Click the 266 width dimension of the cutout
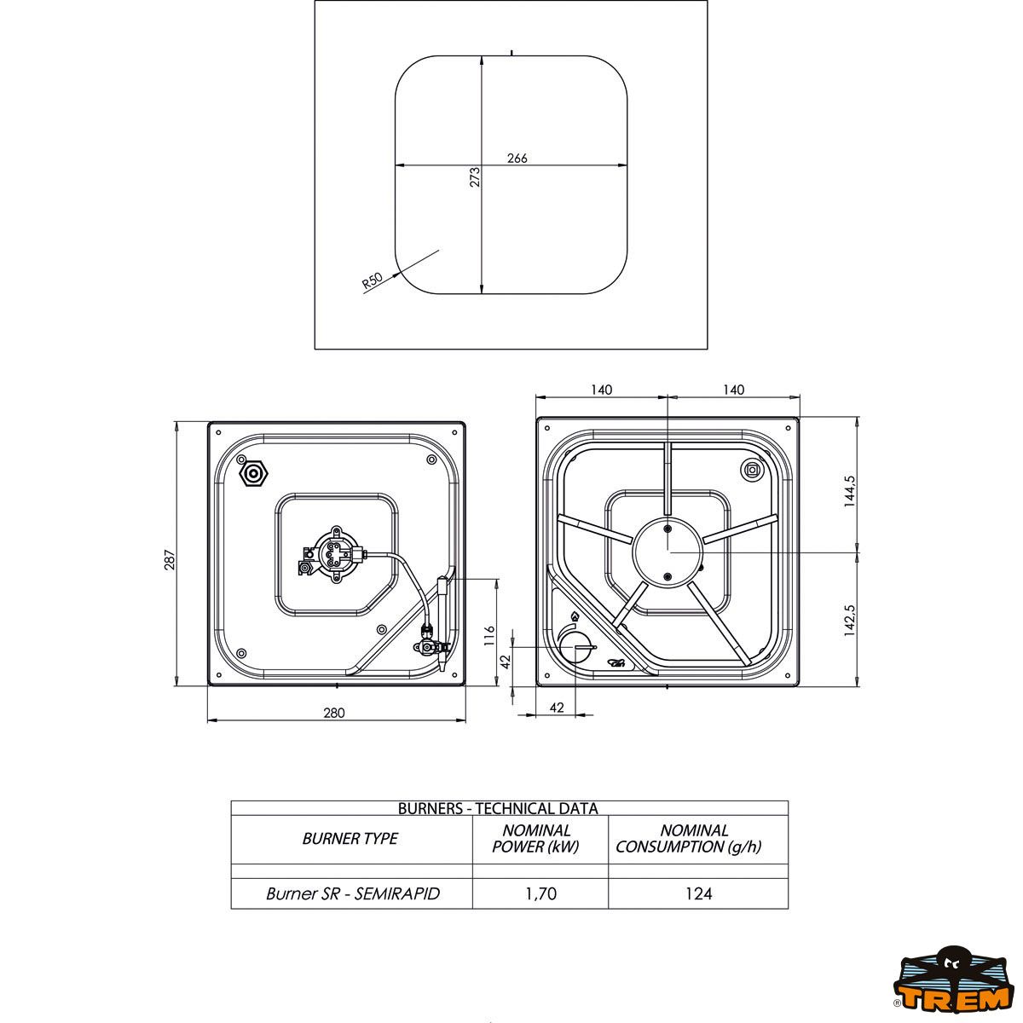(x=517, y=159)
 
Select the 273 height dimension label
(x=475, y=176)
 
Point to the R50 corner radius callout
(x=373, y=280)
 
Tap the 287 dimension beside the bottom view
(x=170, y=559)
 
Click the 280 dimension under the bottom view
(x=334, y=713)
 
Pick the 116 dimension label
(x=489, y=635)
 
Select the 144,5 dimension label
(x=850, y=491)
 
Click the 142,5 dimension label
(x=850, y=620)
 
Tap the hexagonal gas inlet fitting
(x=254, y=473)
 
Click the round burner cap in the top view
(x=668, y=552)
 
